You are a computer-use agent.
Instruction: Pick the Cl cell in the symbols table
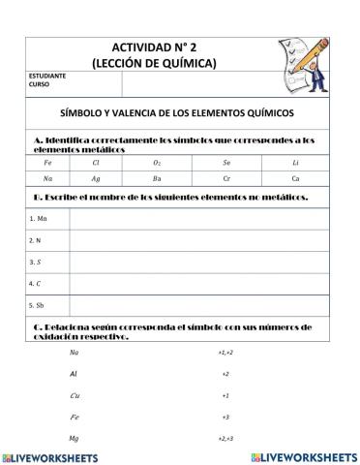tap(96, 163)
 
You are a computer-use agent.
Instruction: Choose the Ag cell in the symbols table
tap(96, 179)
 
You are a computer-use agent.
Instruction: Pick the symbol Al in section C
tap(75, 373)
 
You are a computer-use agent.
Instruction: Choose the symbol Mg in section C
tap(75, 438)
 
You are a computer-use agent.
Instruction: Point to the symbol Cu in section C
tap(75, 395)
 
